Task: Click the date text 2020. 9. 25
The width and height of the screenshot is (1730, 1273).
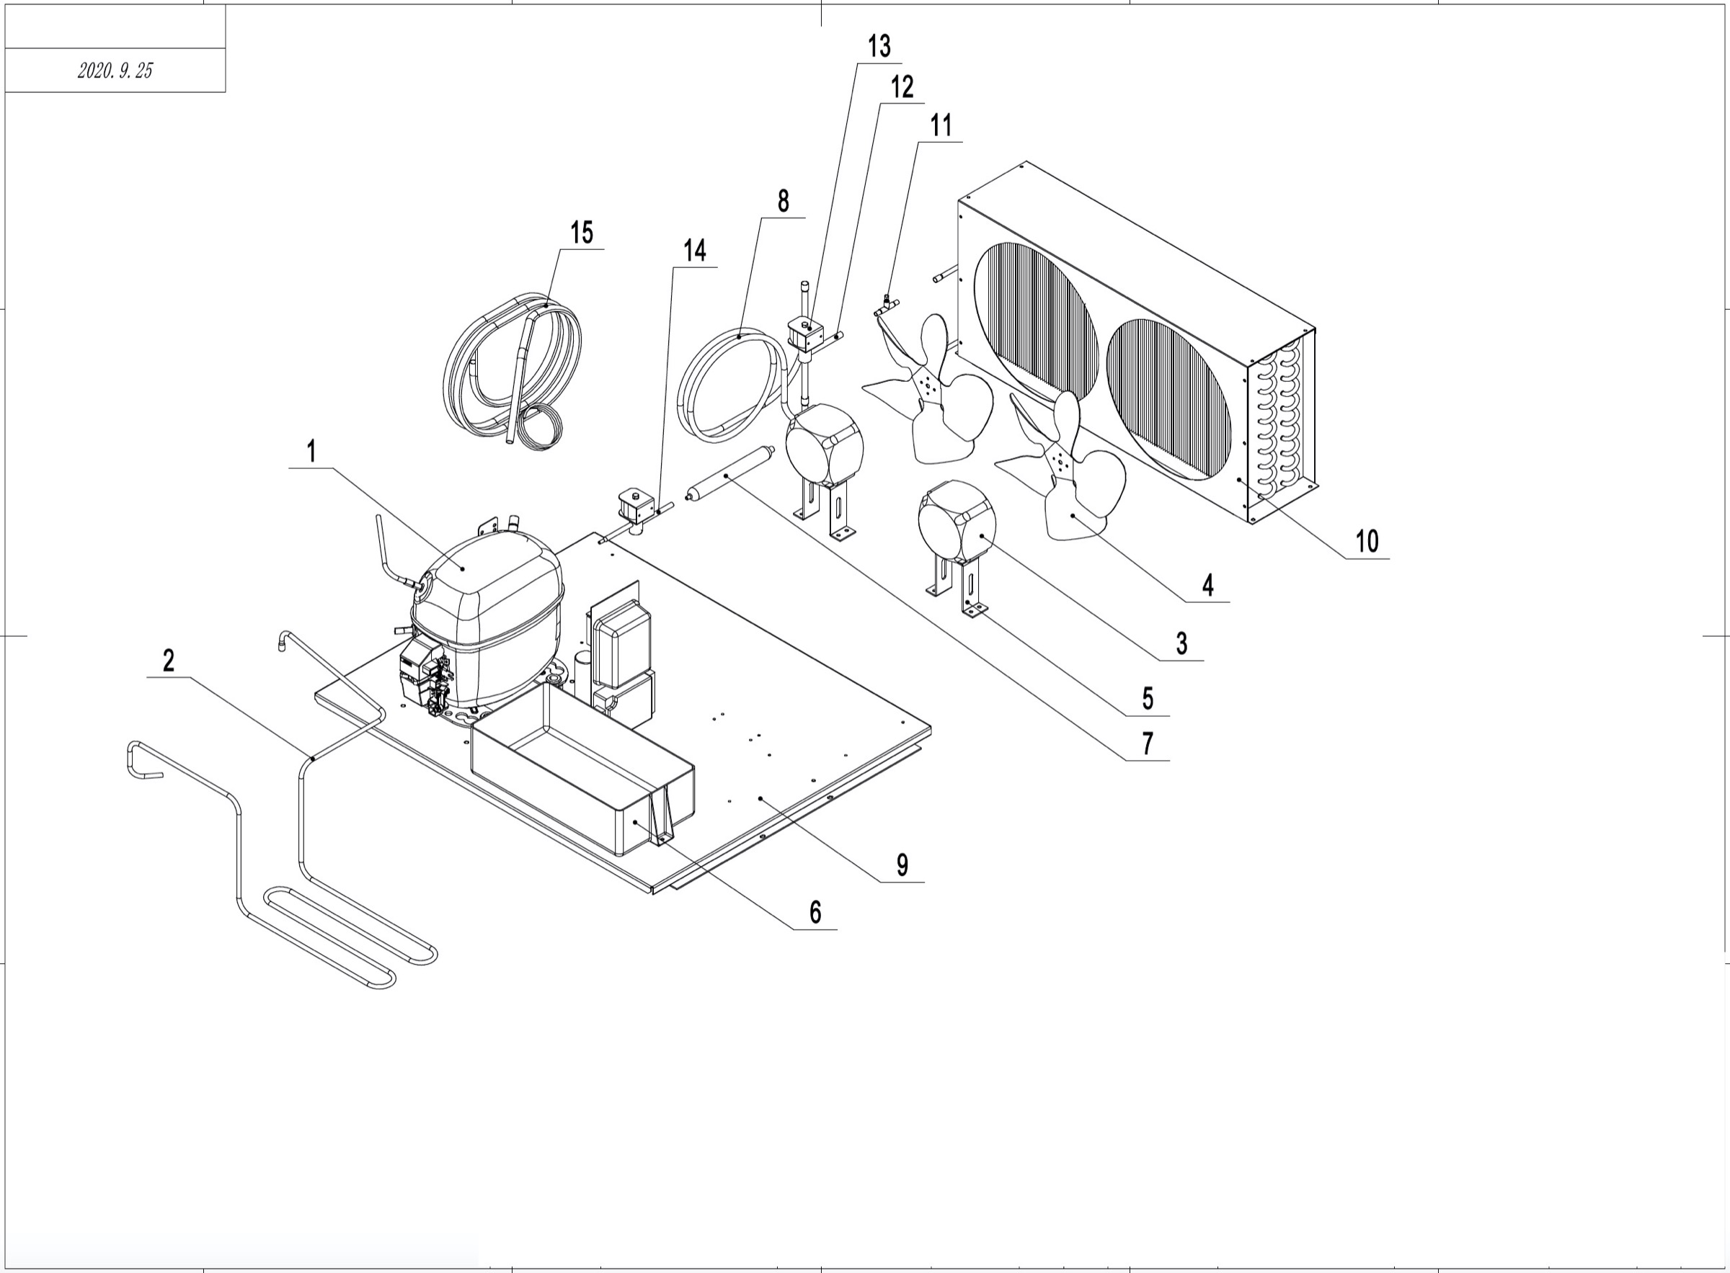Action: coord(115,71)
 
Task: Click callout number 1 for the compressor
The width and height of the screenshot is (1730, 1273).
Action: coord(311,451)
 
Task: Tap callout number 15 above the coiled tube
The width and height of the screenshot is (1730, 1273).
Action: coord(582,232)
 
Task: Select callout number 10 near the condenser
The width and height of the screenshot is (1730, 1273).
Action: coord(1367,541)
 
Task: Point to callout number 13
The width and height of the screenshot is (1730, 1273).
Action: coord(879,46)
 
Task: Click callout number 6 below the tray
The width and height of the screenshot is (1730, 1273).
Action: coord(815,912)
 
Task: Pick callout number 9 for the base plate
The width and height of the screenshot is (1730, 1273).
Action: coord(902,865)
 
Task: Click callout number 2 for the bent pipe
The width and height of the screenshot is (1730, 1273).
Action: coord(169,661)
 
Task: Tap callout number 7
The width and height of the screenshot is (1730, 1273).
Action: coord(1148,743)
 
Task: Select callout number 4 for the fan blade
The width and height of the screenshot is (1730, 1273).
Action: coord(1208,585)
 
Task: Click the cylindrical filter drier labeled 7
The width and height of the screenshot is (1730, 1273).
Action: coord(725,478)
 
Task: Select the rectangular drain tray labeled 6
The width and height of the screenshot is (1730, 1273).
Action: coord(582,778)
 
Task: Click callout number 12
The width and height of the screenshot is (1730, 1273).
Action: coord(902,87)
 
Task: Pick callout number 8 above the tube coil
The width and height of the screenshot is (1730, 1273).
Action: coord(784,201)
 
